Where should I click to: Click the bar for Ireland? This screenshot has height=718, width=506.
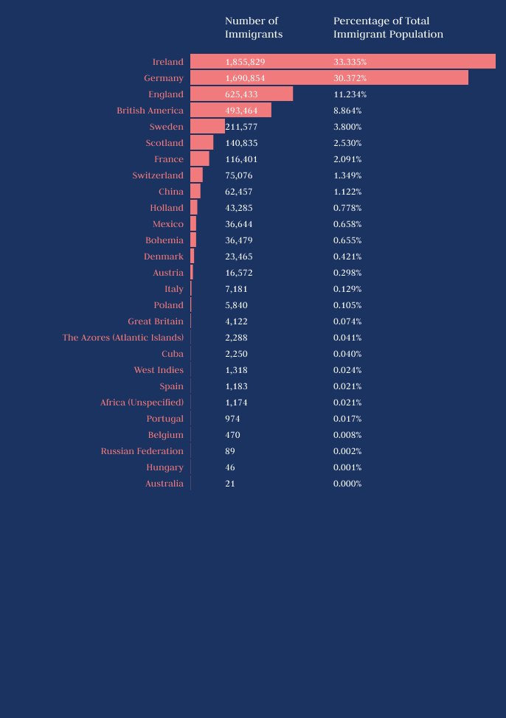342,61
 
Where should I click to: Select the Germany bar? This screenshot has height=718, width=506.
329,77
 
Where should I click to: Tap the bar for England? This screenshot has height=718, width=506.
241,94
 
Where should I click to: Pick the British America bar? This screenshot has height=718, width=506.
231,110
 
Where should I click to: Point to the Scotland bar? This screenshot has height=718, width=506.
201,142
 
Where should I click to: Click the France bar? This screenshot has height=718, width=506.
199,158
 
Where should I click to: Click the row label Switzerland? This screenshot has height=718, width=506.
158,175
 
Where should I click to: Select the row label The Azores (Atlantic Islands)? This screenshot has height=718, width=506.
122,338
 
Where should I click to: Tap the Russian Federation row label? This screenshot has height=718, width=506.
142,451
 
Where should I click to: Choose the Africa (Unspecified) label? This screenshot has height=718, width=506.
142,402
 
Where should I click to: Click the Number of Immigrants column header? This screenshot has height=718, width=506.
253,27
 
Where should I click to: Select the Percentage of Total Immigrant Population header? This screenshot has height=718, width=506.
388,27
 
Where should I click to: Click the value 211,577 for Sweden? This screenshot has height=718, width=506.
241,127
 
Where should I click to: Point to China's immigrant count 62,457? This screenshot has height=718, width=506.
238,192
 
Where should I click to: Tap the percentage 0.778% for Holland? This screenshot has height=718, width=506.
347,208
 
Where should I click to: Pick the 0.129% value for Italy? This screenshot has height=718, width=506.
347,289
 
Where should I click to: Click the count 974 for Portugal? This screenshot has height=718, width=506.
232,419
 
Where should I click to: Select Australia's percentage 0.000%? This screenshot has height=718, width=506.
347,484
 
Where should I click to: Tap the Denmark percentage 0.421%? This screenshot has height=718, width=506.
347,257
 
